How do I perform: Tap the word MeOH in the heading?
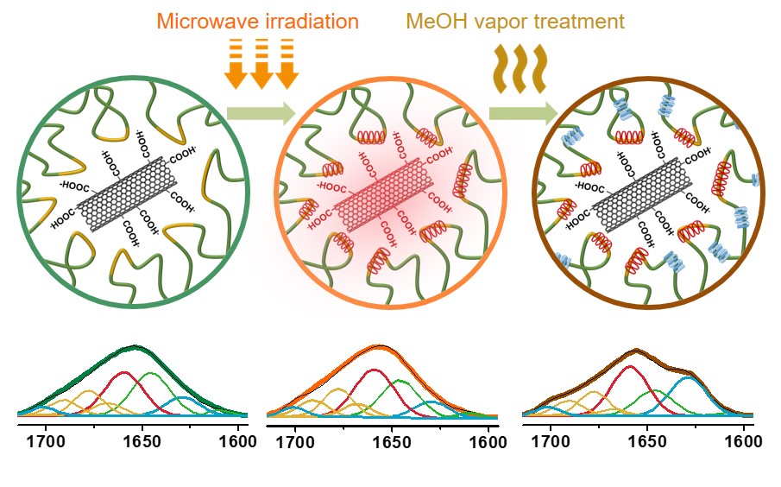pos(430,20)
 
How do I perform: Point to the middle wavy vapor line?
pos(520,68)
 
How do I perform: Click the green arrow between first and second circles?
pos(260,112)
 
